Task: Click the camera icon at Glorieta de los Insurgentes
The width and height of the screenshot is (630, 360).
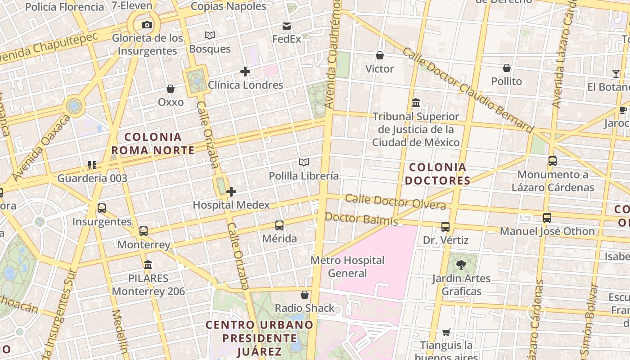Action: click(147, 25)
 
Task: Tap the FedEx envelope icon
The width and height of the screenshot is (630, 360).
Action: click(287, 26)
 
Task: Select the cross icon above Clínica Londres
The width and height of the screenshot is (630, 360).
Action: click(245, 72)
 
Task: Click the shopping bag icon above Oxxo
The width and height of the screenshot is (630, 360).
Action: click(171, 89)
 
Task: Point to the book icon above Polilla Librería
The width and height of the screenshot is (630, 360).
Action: click(304, 162)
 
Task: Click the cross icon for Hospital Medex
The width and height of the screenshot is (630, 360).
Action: click(231, 192)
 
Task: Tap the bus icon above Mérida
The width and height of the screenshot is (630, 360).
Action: click(279, 225)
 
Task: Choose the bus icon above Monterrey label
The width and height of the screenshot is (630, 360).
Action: click(144, 231)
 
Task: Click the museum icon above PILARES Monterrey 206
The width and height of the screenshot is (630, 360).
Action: click(148, 265)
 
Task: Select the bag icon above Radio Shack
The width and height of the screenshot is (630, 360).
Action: click(305, 295)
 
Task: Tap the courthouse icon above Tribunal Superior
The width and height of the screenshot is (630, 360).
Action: click(416, 103)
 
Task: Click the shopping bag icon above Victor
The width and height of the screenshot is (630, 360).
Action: click(380, 55)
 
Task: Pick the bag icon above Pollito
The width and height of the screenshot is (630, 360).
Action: click(507, 68)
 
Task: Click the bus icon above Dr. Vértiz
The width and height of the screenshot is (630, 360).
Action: click(445, 226)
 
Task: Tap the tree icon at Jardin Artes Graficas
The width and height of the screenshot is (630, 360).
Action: click(461, 265)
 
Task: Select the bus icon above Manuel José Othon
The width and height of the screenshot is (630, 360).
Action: click(547, 218)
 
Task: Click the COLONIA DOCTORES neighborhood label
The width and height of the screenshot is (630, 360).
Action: click(437, 174)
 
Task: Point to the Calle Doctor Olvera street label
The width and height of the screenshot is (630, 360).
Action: click(396, 202)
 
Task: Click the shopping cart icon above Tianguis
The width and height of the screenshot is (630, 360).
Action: click(446, 332)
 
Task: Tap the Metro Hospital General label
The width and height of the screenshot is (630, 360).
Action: click(348, 266)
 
